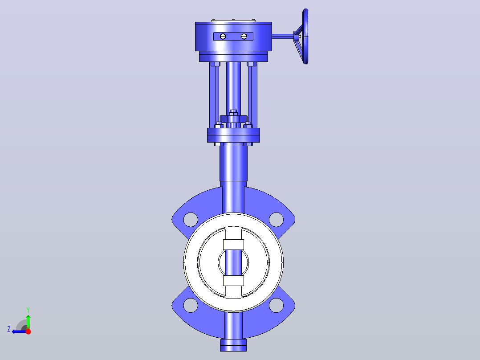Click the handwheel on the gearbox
305,36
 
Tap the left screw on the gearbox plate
223,37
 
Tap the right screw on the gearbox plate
244,37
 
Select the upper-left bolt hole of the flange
191,220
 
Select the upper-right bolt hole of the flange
276,220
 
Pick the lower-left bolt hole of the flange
191,306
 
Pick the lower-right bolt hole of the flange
276,306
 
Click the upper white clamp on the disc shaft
234,245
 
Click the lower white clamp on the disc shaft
234,281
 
